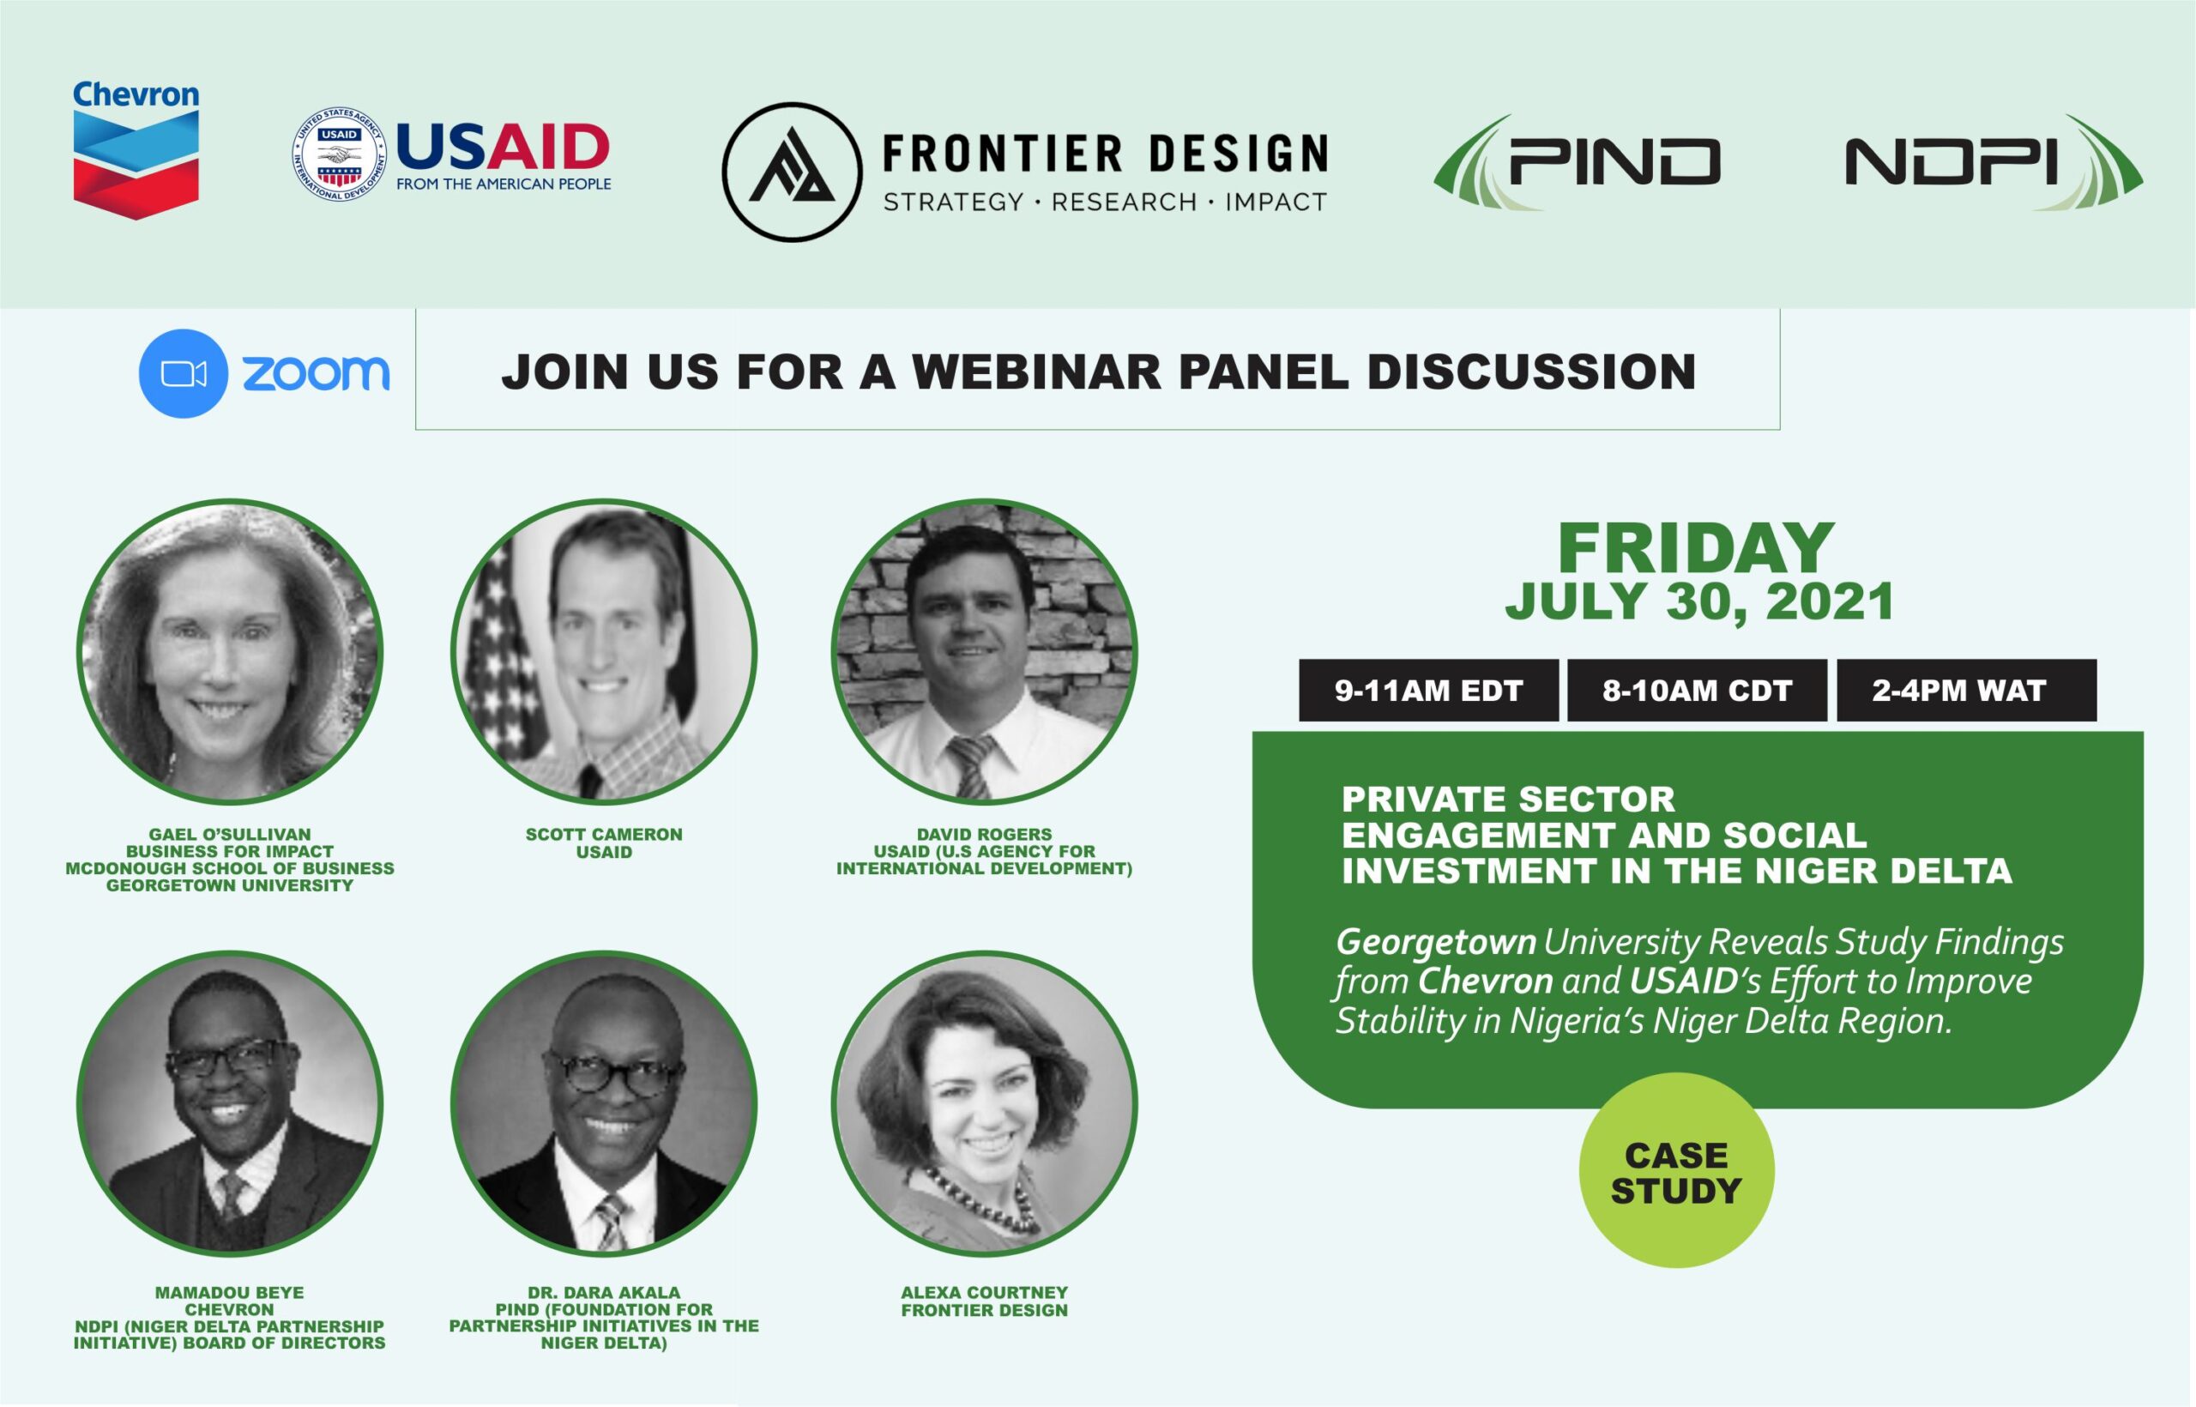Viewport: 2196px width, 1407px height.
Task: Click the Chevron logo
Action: [136, 150]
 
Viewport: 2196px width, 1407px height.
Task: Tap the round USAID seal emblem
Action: [339, 154]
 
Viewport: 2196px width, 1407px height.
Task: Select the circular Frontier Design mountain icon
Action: [792, 172]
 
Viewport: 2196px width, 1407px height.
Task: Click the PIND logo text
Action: [1614, 163]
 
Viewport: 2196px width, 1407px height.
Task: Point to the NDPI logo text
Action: [1952, 163]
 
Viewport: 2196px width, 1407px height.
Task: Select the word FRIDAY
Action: [1697, 548]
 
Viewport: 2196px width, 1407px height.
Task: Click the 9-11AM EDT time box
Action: [1428, 690]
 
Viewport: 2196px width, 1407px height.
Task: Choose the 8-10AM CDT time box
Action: [1698, 690]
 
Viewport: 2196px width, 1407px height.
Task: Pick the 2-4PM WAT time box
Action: [1967, 690]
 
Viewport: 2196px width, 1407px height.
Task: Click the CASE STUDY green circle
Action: [1676, 1170]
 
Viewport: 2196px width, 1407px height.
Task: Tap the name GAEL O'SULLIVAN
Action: [230, 834]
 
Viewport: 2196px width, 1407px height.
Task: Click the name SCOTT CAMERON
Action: [604, 834]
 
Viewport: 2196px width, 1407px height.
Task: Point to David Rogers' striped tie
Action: [971, 765]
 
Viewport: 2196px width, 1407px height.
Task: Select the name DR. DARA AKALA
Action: [604, 1293]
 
